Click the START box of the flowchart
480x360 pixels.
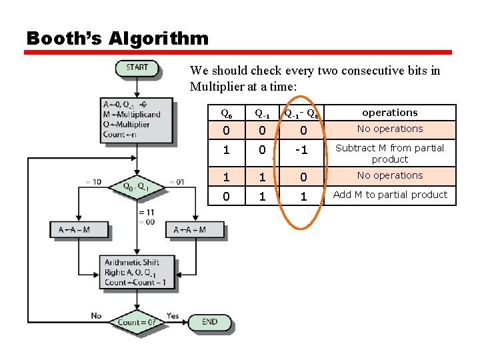pos(137,67)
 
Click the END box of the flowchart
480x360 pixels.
pos(209,322)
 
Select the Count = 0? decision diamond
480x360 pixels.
pos(137,322)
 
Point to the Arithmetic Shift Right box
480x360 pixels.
pos(137,272)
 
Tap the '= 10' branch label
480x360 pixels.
pos(93,182)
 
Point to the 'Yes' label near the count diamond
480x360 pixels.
pos(173,315)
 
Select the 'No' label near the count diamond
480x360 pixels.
pos(97,315)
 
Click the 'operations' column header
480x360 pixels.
pos(390,113)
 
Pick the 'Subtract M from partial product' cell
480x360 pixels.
pos(390,153)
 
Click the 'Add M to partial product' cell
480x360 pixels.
pos(390,195)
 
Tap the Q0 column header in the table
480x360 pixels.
pos(227,113)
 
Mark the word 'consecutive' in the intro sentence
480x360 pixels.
pos(336,71)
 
